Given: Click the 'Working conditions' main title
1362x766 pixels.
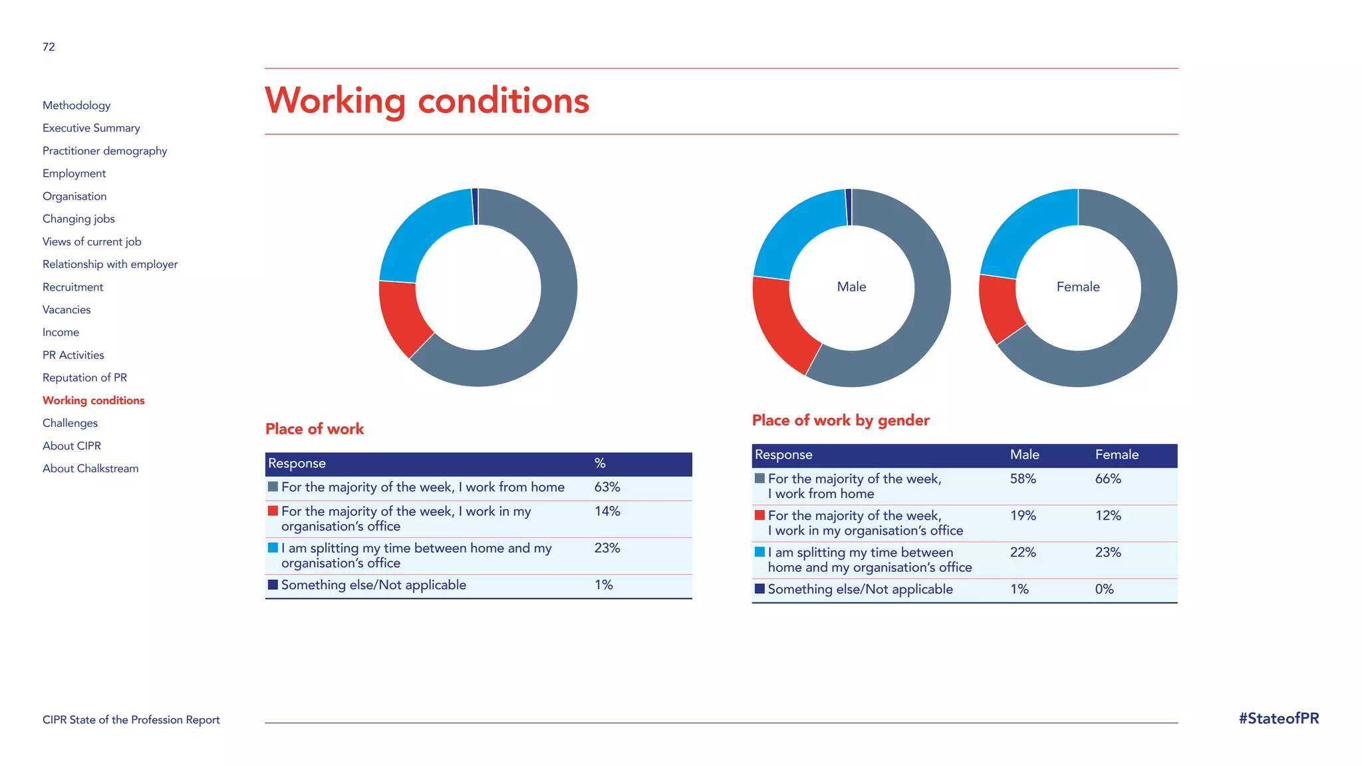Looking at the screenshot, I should pos(427,101).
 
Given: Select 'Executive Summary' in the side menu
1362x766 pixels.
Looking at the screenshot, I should pos(91,128).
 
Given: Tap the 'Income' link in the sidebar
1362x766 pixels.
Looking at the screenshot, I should pos(61,332).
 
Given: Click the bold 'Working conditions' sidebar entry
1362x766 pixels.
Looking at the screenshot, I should pos(93,400).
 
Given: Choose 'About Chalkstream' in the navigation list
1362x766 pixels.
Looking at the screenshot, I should pos(90,468).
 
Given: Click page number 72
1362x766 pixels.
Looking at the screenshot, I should pos(49,47).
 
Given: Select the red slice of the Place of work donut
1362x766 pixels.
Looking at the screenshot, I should pos(402,315).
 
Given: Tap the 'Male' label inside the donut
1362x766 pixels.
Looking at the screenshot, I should pos(851,287).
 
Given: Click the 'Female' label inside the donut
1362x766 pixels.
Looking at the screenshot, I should pos(1078,287).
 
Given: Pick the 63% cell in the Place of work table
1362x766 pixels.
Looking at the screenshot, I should pos(607,487).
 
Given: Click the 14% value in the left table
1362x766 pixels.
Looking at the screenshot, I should pos(607,511).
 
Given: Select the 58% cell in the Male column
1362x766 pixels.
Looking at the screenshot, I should pos(1023,479).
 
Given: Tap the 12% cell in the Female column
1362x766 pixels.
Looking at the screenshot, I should pos(1108,515).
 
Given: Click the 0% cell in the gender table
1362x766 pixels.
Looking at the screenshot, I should pos(1104,589).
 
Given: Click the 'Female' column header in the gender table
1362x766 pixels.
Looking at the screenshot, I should pos(1117,455).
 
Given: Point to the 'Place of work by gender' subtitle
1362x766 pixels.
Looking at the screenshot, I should pos(841,420).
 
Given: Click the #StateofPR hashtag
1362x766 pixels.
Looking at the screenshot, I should pos(1278,718).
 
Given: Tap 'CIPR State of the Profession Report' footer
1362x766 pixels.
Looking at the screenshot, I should pos(131,719).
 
